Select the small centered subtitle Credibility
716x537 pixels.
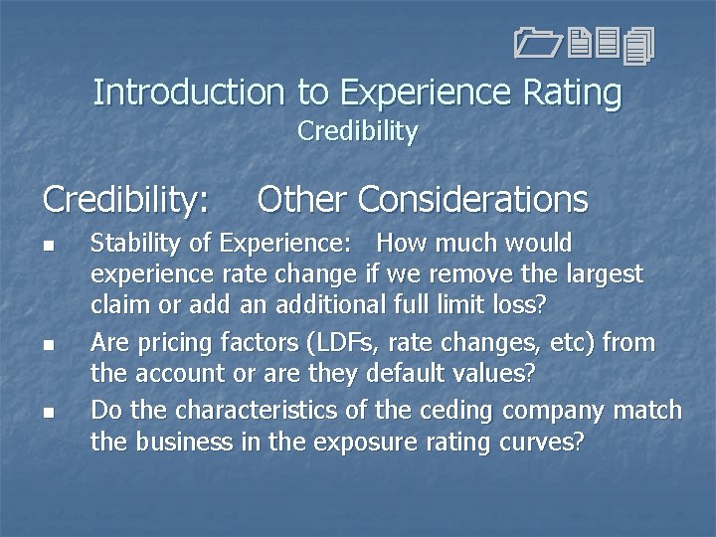coord(358,131)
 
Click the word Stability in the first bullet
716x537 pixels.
coord(129,244)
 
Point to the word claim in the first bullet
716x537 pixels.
coord(117,304)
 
